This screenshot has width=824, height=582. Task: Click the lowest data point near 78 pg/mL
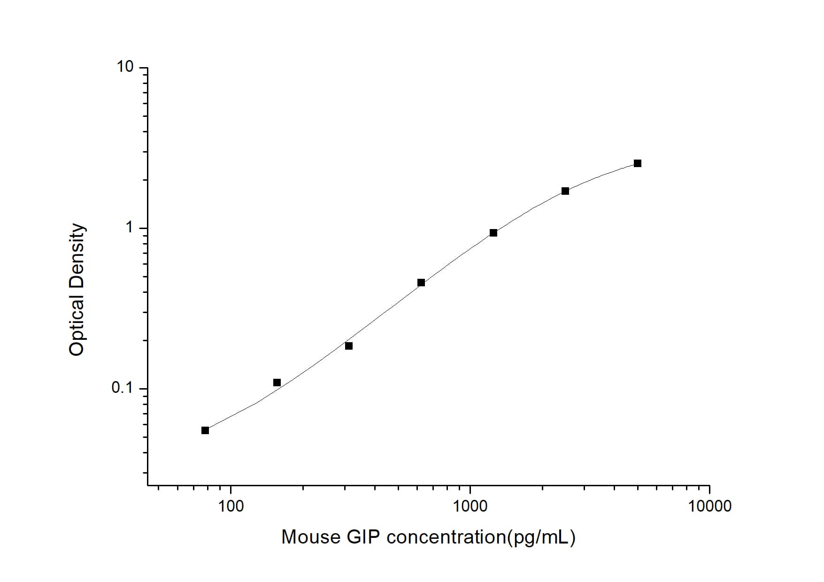point(205,430)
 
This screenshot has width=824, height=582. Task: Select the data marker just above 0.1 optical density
point(277,383)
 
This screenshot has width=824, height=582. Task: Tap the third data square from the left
point(349,346)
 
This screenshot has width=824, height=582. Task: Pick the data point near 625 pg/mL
point(421,283)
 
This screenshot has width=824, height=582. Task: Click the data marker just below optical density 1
point(493,233)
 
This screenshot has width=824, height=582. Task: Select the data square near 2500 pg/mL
point(565,191)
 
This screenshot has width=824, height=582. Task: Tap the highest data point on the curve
point(638,163)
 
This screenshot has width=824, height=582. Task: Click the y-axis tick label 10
point(125,67)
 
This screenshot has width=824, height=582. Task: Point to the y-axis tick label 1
point(130,228)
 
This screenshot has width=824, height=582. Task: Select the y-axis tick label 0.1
point(123,388)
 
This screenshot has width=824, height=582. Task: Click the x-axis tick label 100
point(231,506)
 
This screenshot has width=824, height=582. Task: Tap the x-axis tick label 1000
point(470,506)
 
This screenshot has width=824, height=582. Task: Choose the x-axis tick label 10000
point(709,506)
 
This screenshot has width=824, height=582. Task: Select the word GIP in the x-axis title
point(363,537)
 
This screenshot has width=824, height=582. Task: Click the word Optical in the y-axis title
point(77,324)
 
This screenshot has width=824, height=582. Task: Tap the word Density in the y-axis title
point(77,255)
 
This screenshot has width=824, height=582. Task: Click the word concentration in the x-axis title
point(446,537)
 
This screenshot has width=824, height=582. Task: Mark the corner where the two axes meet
point(147,485)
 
